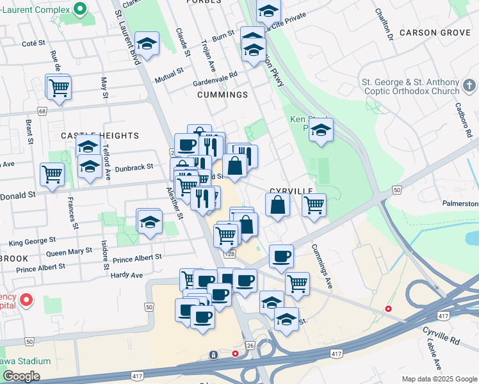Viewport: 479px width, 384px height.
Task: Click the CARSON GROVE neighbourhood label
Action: [435, 33]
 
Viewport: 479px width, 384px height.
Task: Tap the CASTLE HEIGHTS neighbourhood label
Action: [99, 136]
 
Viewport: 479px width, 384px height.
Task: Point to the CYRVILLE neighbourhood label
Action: [291, 191]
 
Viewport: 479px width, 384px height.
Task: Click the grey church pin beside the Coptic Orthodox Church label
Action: [468, 85]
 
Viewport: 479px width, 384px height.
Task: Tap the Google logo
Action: [21, 376]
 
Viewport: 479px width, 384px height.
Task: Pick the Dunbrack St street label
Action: [135, 166]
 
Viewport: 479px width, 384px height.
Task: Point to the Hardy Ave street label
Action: [127, 275]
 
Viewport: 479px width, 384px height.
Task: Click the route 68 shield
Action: [42, 111]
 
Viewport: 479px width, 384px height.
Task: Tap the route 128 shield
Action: [229, 254]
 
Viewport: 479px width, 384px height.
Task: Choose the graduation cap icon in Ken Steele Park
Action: [321, 131]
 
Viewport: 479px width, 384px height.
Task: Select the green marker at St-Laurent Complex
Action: [79, 9]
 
